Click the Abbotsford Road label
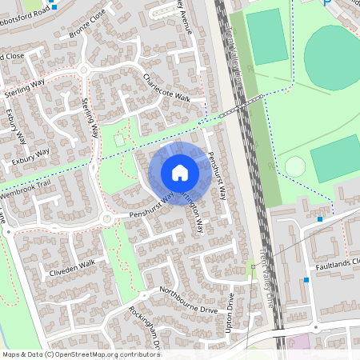(24, 8)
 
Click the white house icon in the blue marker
(180, 172)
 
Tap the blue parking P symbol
(326, 3)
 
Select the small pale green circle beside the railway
(295, 166)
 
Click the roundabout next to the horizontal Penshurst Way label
(106, 219)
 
